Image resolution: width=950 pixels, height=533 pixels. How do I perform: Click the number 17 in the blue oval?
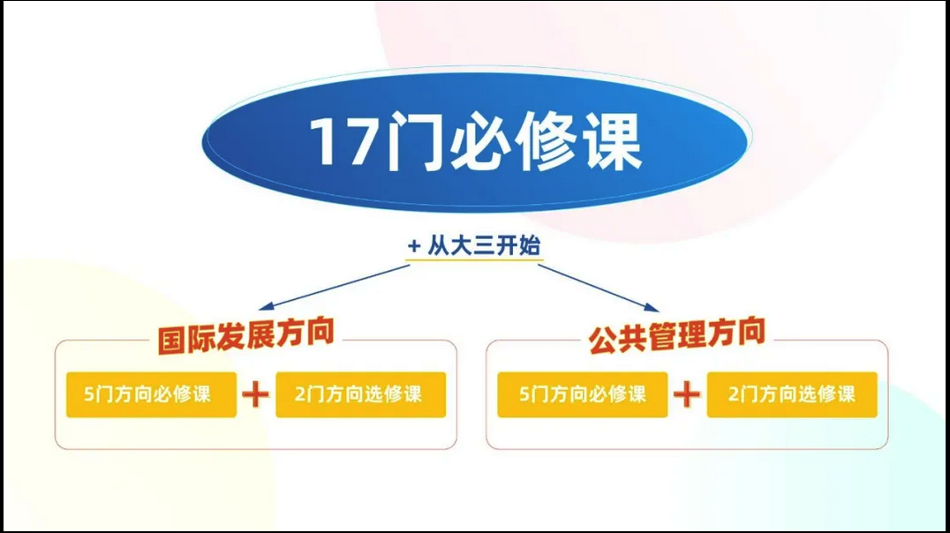click(343, 141)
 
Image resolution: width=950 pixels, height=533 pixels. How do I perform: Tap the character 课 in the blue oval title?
click(613, 141)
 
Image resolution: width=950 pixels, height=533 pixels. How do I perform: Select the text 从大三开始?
click(484, 246)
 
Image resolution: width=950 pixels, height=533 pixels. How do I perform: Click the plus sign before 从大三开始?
click(414, 246)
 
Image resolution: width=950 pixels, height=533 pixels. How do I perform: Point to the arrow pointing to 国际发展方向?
click(334, 287)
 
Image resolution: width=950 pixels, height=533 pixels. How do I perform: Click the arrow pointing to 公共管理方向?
click(599, 289)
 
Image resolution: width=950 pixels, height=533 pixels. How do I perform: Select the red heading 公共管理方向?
click(677, 335)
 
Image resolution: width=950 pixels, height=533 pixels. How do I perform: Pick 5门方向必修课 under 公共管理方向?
click(582, 394)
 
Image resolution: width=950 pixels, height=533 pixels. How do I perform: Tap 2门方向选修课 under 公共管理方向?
click(792, 394)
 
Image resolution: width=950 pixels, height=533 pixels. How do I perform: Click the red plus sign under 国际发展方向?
click(256, 395)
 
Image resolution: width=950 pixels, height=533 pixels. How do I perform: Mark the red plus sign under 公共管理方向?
click(687, 395)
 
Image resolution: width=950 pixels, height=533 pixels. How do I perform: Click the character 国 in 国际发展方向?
click(171, 340)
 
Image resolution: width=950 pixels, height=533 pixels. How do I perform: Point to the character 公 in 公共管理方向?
click(603, 340)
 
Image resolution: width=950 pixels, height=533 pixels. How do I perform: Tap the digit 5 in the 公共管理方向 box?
click(524, 394)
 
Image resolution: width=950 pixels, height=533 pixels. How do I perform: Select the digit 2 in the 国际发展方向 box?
click(300, 394)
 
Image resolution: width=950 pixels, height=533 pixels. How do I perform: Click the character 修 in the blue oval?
click(547, 141)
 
